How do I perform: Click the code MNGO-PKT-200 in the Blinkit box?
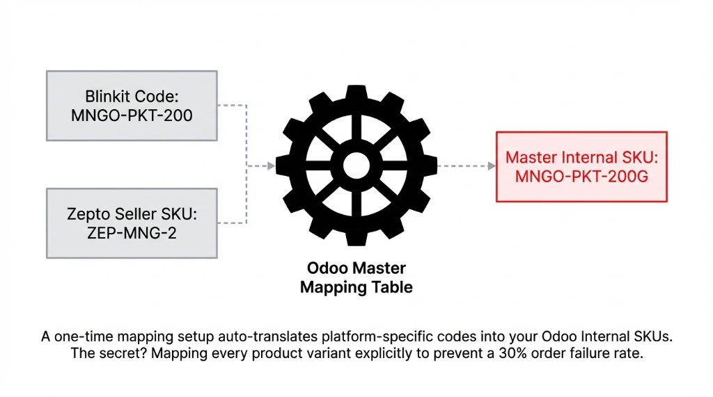click(x=132, y=115)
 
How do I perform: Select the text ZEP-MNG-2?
click(x=132, y=233)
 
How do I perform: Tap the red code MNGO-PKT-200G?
click(x=581, y=177)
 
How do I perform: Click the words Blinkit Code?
click(x=132, y=97)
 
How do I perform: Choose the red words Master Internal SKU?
click(x=581, y=158)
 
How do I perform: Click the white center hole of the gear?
click(x=356, y=166)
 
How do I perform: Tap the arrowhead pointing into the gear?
click(x=270, y=166)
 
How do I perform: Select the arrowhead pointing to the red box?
click(x=489, y=166)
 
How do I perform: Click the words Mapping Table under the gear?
click(x=356, y=287)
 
